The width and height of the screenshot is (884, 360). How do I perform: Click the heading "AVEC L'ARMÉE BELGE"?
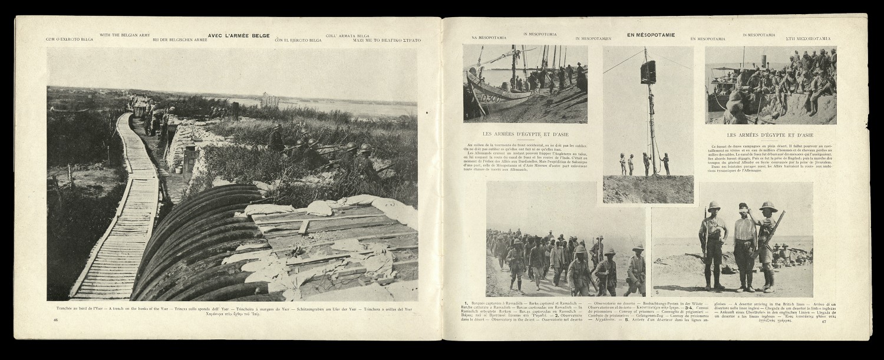tap(239, 35)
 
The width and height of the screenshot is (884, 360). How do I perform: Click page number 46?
tap(55, 320)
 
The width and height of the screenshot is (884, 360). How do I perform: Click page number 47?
tap(824, 321)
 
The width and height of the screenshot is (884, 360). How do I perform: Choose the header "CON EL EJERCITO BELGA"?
tap(298, 39)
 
